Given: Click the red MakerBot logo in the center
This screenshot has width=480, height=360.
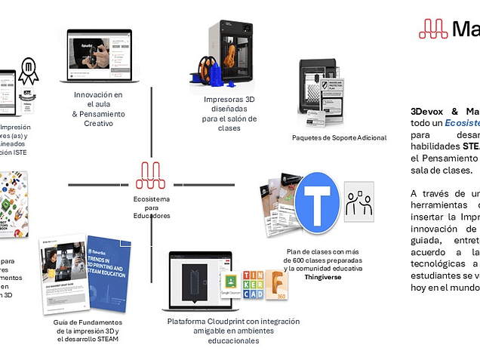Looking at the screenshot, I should pos(150,177).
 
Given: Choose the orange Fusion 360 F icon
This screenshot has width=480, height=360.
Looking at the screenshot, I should pos(277,285).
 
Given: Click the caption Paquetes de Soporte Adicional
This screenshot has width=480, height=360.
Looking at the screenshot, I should pos(339,137).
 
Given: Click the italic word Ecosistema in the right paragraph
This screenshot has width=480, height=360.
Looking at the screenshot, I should pos(462,122).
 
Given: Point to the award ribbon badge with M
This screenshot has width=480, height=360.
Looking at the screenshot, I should pos(29,71).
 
